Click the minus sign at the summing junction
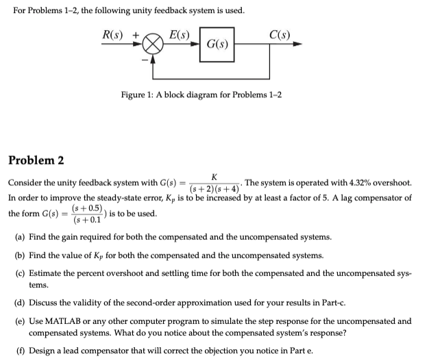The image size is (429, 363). pyautogui.click(x=144, y=58)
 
